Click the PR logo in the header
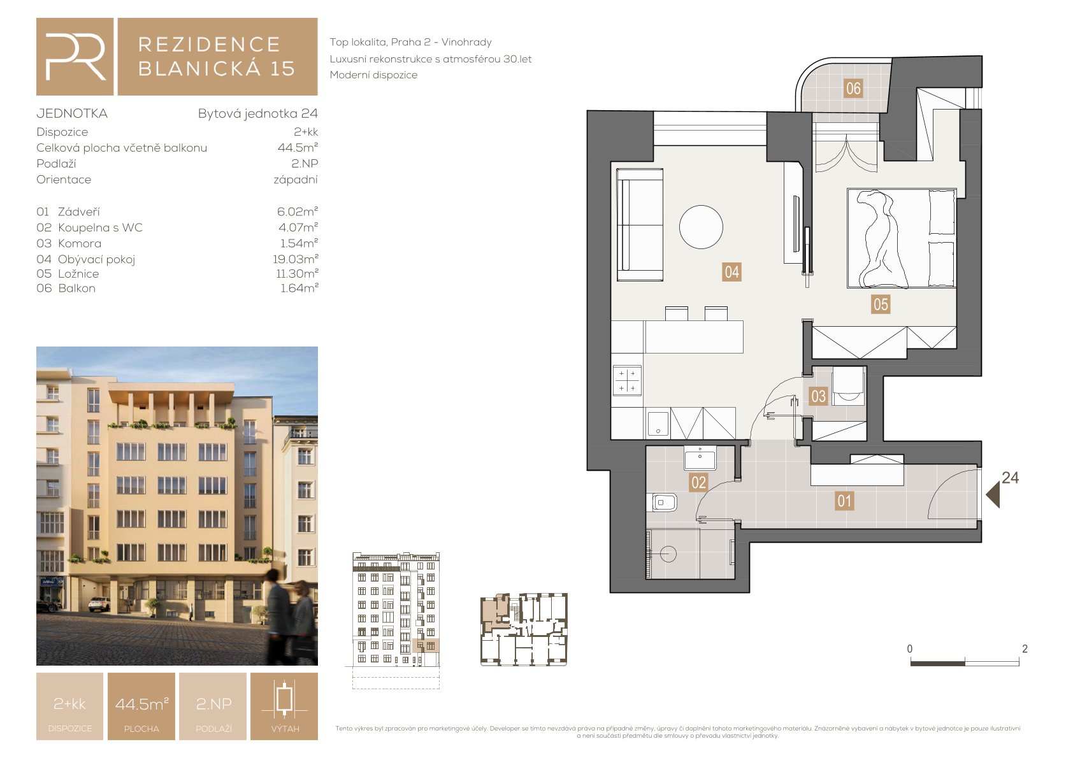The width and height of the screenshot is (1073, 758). click(x=75, y=57)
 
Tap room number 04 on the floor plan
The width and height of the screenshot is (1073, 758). click(x=731, y=272)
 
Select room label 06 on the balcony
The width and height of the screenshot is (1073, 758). click(x=853, y=89)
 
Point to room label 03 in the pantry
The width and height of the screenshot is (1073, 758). click(x=818, y=396)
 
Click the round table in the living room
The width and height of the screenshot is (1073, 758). click(x=701, y=227)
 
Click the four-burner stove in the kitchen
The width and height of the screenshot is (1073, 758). click(x=627, y=381)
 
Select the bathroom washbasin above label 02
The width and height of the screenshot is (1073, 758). click(x=700, y=458)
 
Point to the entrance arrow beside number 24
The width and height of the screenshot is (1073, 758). click(x=993, y=495)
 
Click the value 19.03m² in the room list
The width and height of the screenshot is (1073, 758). click(x=296, y=259)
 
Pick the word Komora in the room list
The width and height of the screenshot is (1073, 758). click(x=80, y=243)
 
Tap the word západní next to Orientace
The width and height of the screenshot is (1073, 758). click(x=296, y=180)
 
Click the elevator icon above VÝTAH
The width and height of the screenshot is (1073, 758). click(x=284, y=698)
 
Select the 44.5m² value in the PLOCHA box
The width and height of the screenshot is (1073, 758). click(x=142, y=704)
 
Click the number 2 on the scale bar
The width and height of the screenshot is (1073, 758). click(x=1025, y=648)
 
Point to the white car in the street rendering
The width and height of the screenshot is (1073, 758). click(x=99, y=604)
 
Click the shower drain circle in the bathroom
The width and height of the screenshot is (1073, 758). click(x=668, y=554)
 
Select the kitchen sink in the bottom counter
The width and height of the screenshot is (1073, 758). click(x=658, y=424)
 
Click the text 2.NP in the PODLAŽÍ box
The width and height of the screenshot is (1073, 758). click(x=213, y=704)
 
